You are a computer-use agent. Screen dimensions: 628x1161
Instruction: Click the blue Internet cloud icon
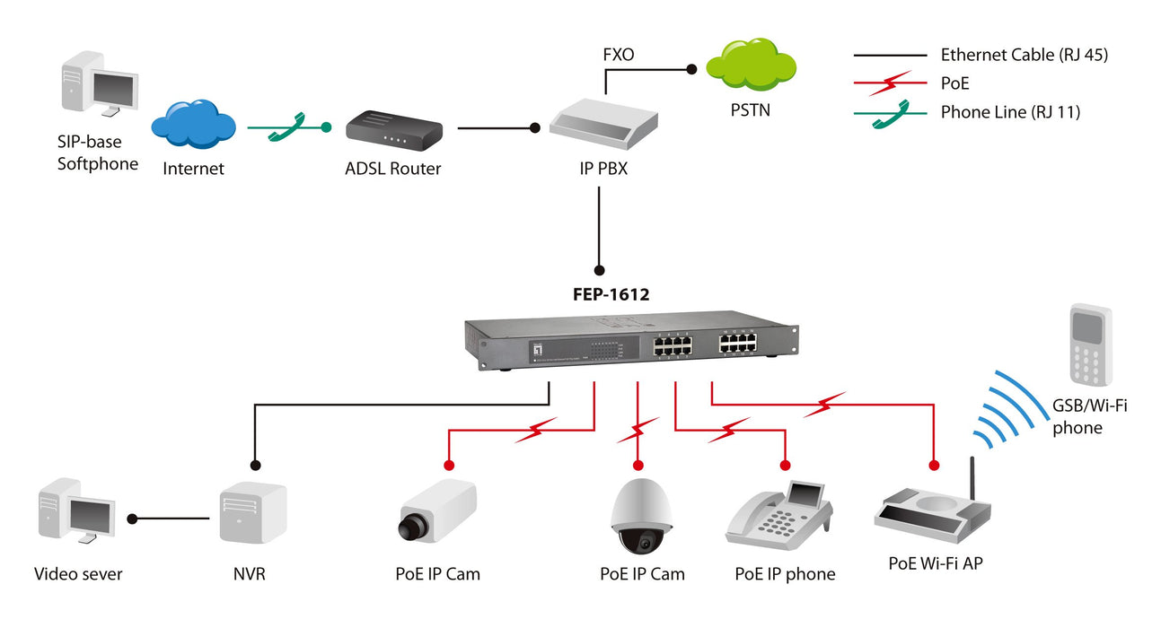click(193, 125)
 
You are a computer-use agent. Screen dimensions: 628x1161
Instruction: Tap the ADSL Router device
click(393, 130)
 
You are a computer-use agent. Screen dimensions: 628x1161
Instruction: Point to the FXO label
click(619, 55)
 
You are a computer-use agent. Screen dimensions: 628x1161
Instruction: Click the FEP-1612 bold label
click(611, 292)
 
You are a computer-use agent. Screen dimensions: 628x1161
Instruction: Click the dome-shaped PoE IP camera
click(641, 518)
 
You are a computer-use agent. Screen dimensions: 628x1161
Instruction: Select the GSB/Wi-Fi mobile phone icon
click(1089, 345)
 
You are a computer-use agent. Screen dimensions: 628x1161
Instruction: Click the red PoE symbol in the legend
click(890, 83)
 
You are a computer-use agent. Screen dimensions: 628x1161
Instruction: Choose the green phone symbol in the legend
click(890, 112)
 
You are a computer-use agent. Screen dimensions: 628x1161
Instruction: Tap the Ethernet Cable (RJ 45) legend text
click(1024, 55)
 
